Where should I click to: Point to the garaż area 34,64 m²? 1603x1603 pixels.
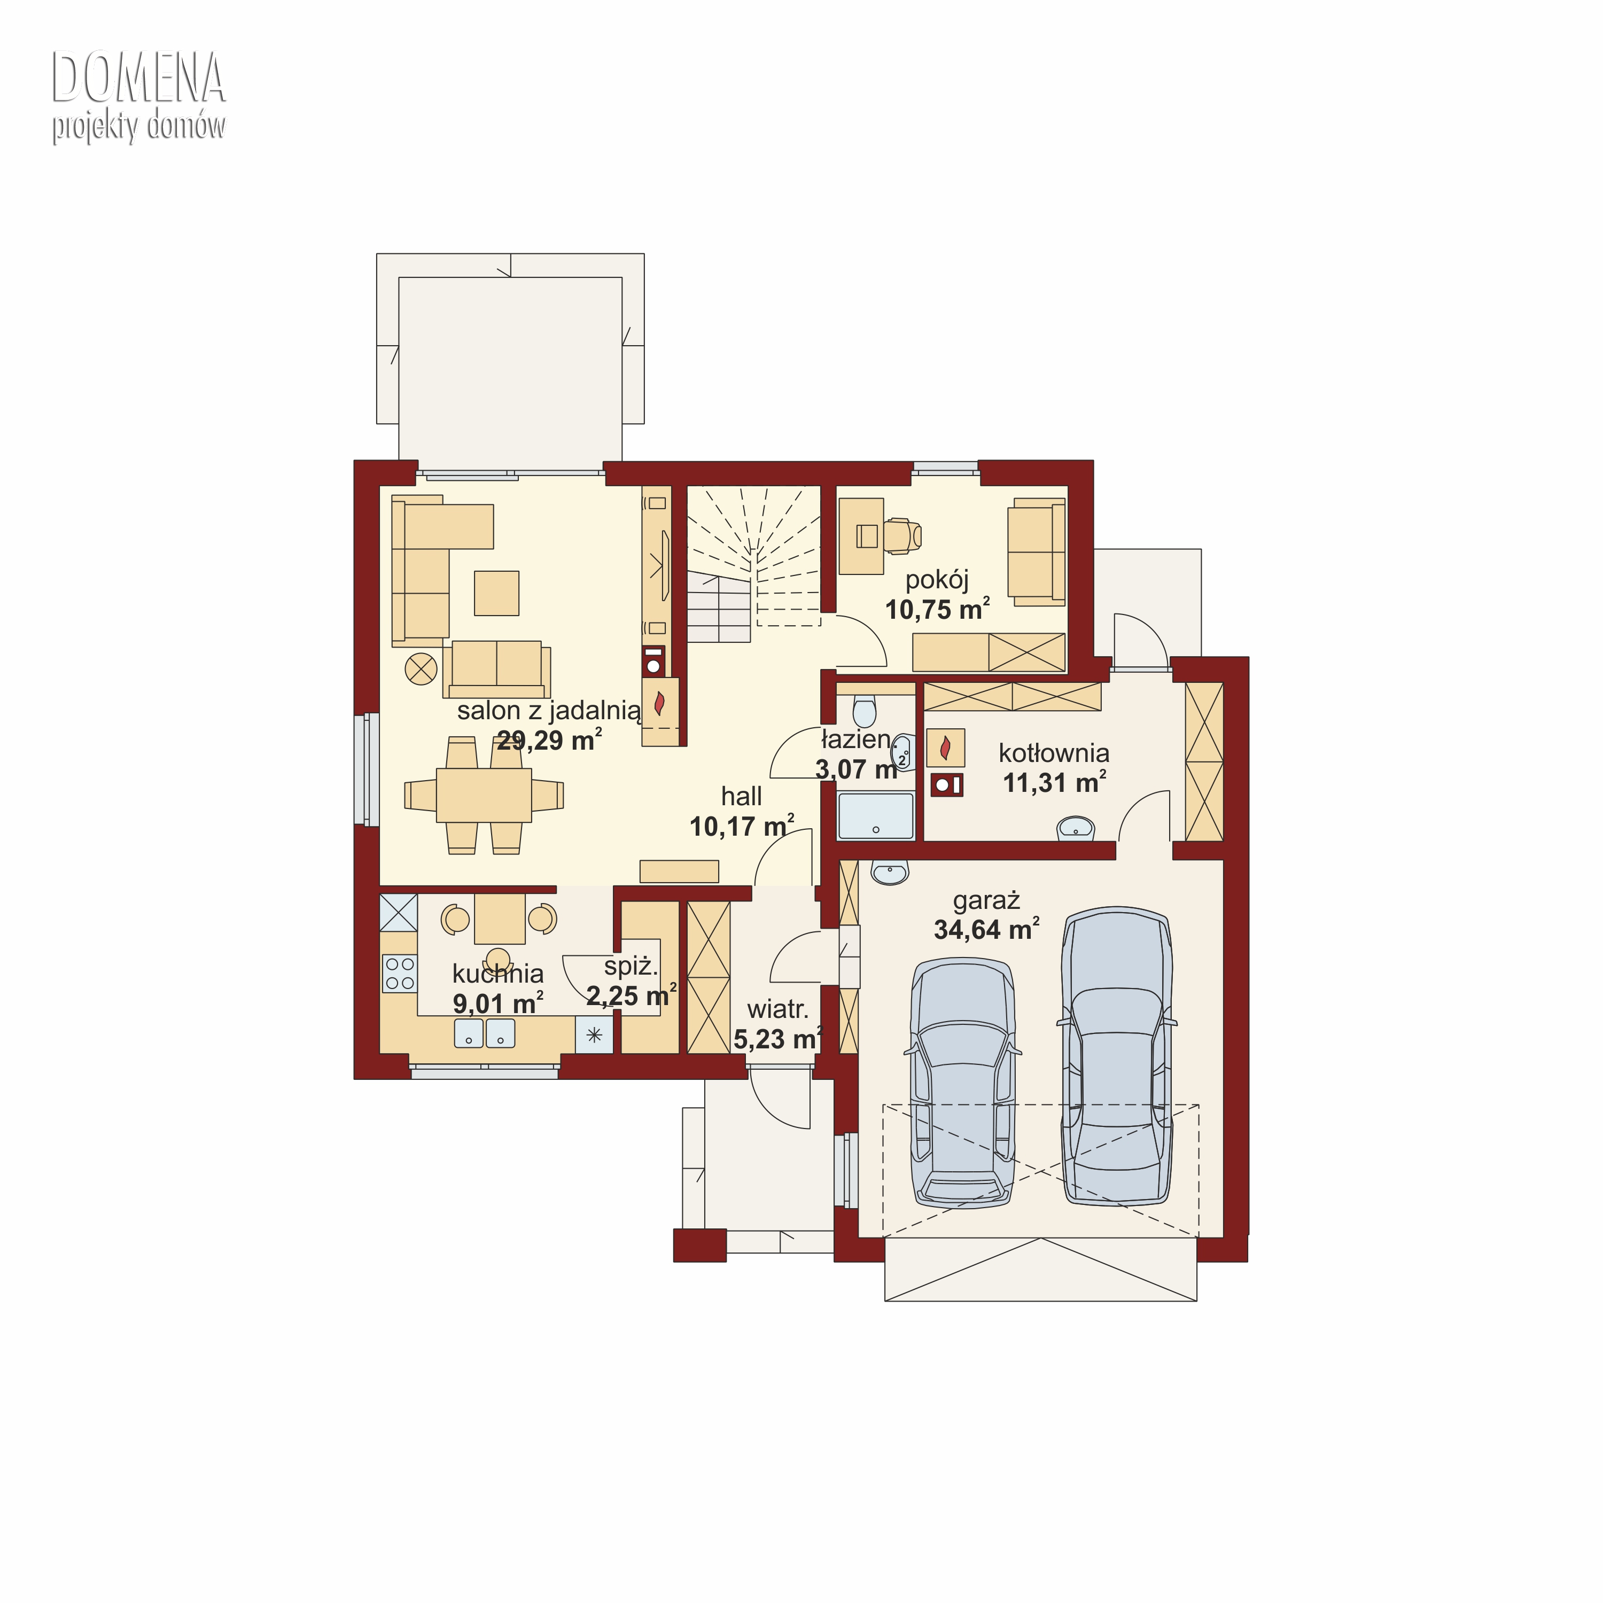[x=986, y=929]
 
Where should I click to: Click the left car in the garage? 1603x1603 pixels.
[x=962, y=1085]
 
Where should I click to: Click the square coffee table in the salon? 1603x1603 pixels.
[x=497, y=593]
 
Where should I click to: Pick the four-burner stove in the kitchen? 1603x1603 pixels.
[x=399, y=973]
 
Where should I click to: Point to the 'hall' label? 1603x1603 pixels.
[x=741, y=797]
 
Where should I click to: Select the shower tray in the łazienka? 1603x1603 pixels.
[x=875, y=816]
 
